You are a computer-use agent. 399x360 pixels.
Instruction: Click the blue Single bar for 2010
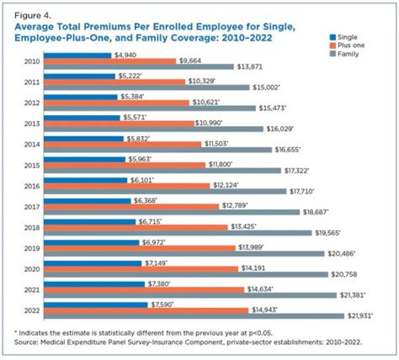tap(78, 55)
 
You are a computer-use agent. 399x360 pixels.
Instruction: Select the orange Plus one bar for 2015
tap(127, 165)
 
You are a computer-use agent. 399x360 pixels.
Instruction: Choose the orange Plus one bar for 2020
tap(141, 268)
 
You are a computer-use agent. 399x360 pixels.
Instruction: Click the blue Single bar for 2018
tap(90, 222)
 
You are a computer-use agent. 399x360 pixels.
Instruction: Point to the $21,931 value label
tap(360, 316)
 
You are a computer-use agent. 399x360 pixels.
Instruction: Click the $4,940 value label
tap(125, 55)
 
